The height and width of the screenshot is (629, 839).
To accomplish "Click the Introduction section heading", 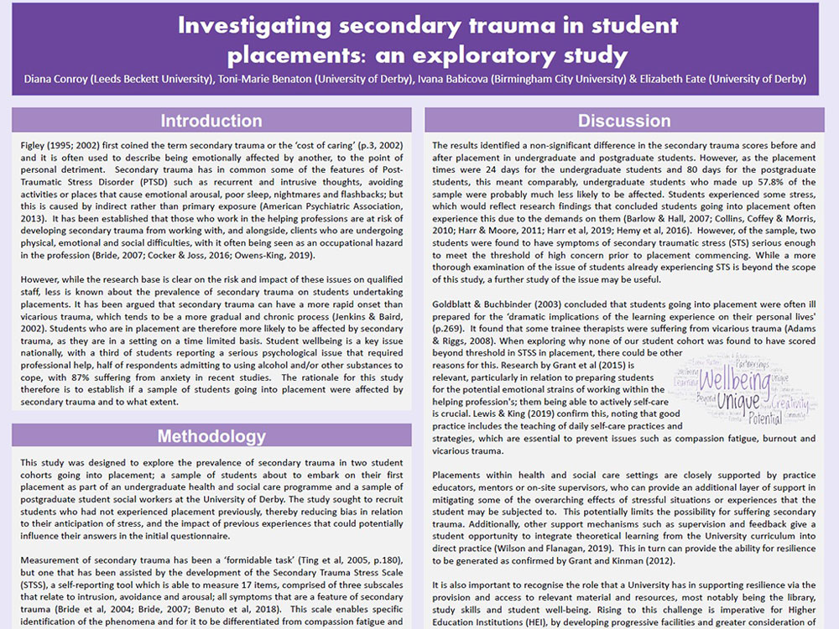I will (x=211, y=121).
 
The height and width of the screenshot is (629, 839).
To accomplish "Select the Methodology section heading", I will (x=211, y=436).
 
